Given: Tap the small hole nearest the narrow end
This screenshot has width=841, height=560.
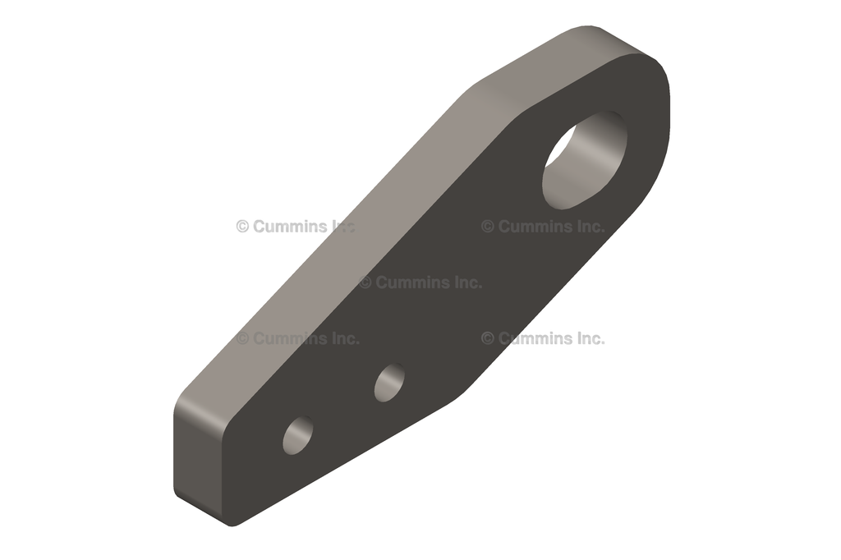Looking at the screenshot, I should pos(298,435).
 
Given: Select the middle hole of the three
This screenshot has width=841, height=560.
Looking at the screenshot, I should pos(389,382).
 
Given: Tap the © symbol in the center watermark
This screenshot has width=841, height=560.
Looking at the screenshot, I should pos(365,282).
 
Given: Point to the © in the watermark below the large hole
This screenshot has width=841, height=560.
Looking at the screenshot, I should pos(488,227).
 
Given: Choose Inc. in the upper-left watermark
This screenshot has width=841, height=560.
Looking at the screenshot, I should pos(342,227).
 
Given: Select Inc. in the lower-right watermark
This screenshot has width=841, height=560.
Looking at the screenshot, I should pos(588,338).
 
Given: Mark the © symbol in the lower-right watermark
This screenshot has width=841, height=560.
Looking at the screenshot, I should pos(488,338).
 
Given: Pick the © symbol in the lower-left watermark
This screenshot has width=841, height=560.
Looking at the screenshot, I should pos(243,338).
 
